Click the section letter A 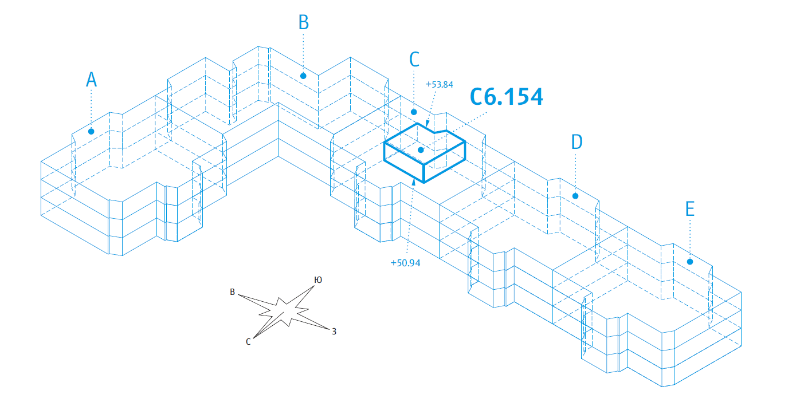coord(91,80)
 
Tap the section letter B coord(303,22)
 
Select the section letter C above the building coord(414,60)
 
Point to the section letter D coord(576,143)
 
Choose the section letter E coord(690,209)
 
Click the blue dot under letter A coord(91,131)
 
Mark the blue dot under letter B coord(303,74)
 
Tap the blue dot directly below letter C coord(414,112)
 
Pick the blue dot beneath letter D coord(576,195)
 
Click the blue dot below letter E coord(690,262)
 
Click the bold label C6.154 coord(506,97)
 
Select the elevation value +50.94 coord(403,262)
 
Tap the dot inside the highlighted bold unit coord(421,150)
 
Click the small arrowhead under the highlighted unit coord(414,185)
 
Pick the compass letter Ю coord(317,279)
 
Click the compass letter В coord(232,293)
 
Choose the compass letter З coord(333,331)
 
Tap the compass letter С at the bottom coord(248,341)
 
